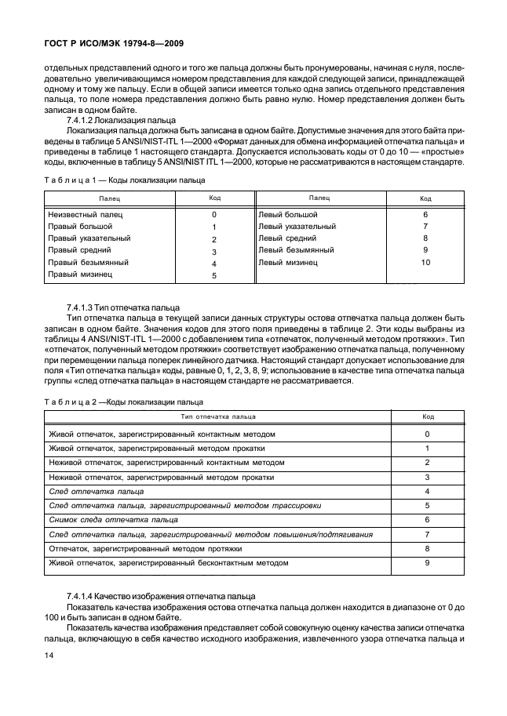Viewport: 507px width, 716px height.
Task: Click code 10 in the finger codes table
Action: pos(425,263)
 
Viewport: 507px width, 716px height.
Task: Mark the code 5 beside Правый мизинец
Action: pos(213,275)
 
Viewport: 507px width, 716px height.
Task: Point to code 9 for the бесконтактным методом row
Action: pos(427,563)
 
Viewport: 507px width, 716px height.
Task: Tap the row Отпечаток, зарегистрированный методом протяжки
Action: pos(145,549)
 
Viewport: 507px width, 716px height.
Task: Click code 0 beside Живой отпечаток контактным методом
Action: pos(427,434)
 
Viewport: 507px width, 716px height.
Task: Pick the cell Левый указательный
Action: pos(297,227)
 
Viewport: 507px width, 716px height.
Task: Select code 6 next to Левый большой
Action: pos(425,214)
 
